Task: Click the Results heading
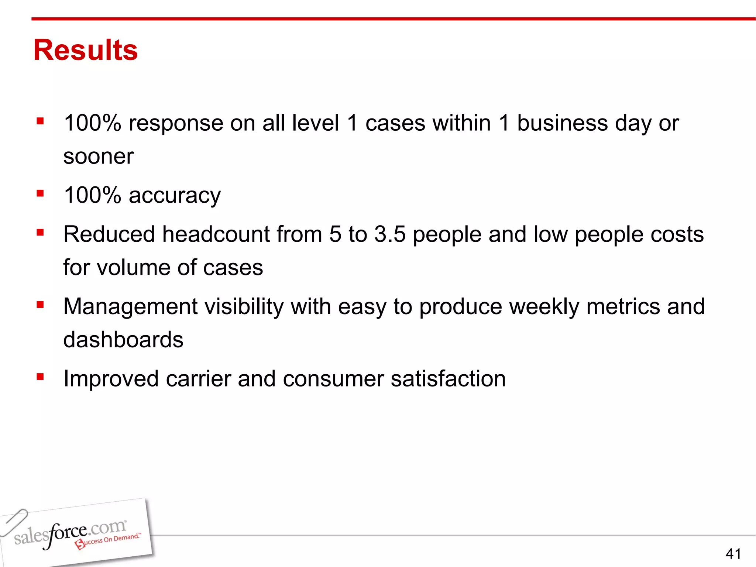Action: [85, 50]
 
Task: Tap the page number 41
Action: [733, 554]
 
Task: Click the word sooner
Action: [98, 157]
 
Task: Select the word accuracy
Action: [175, 195]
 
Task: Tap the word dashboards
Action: [123, 340]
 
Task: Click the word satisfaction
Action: [448, 379]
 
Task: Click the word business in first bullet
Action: [562, 123]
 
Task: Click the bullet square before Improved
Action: [40, 377]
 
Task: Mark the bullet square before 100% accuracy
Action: [40, 193]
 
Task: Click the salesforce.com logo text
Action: [70, 532]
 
